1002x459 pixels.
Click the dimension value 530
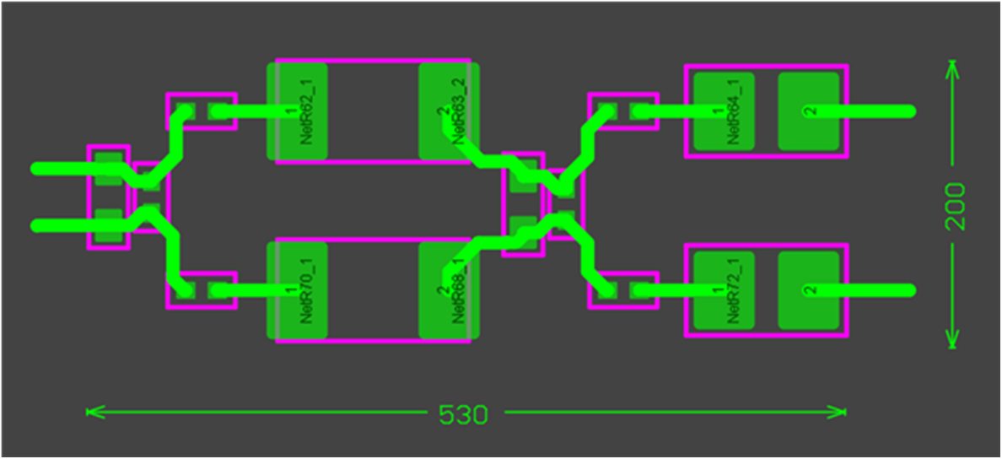[x=463, y=414]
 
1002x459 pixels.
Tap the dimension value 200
[x=956, y=206]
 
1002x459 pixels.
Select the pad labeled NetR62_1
[x=297, y=111]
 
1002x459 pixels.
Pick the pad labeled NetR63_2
[x=449, y=111]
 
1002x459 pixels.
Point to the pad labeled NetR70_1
[x=297, y=290]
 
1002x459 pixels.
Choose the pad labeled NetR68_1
[x=449, y=290]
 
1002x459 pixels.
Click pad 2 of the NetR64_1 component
[x=808, y=111]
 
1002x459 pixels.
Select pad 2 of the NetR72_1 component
[x=808, y=290]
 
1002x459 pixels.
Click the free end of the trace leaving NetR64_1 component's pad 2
[x=909, y=111]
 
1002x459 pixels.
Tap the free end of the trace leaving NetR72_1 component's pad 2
[x=909, y=290]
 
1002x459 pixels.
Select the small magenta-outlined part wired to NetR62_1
[x=201, y=111]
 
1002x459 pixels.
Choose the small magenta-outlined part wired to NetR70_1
[x=201, y=290]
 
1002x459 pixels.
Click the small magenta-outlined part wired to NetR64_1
[x=622, y=111]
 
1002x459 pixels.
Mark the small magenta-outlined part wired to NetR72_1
[x=622, y=290]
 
